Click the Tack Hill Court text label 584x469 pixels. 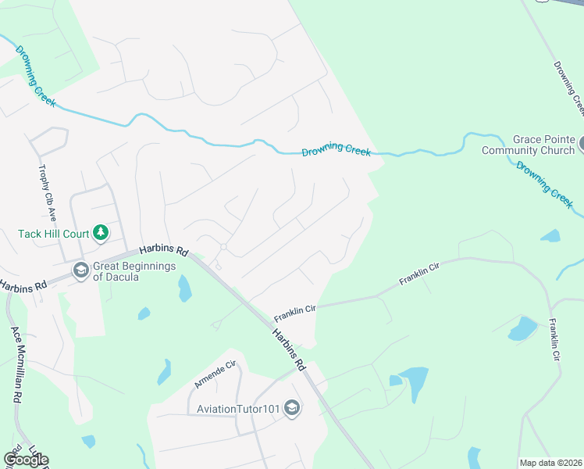(x=53, y=234)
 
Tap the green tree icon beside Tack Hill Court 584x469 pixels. (x=100, y=232)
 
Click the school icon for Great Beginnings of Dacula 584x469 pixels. (x=80, y=270)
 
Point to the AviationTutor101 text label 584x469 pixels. (x=238, y=408)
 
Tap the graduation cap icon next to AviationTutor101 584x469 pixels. (x=292, y=408)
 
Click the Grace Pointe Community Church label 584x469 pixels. (x=529, y=145)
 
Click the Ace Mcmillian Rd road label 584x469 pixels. (x=16, y=363)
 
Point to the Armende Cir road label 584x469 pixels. (x=215, y=374)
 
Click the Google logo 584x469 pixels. (x=26, y=460)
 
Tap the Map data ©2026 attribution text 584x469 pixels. (x=550, y=463)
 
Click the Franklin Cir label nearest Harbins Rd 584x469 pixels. (x=294, y=314)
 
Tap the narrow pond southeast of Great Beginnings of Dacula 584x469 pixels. (x=184, y=288)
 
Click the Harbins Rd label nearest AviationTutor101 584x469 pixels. (x=289, y=349)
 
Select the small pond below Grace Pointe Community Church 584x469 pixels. (x=550, y=235)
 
